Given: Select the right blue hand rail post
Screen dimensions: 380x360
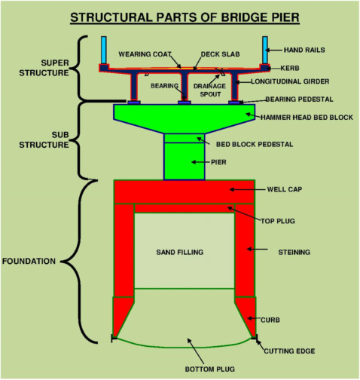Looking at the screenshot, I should coord(266,51).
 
